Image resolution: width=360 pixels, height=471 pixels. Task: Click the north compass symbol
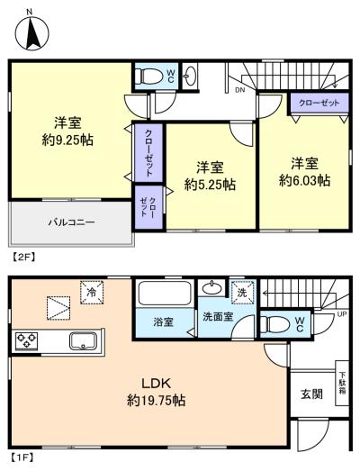pyautogui.click(x=31, y=32)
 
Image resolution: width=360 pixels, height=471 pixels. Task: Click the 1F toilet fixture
pyautogui.click(x=274, y=324)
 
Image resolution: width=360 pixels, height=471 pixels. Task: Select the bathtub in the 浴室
pyautogui.click(x=165, y=294)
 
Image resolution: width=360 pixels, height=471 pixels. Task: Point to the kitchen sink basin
pyautogui.click(x=83, y=341)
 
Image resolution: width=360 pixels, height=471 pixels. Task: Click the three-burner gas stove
pyautogui.click(x=26, y=340)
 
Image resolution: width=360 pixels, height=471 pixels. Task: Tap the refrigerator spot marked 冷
pyautogui.click(x=92, y=292)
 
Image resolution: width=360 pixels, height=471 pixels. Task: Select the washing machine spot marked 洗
pyautogui.click(x=242, y=293)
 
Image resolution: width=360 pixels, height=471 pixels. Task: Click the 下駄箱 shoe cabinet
pyautogui.click(x=342, y=383)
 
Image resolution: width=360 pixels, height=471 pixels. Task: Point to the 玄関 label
pyautogui.click(x=312, y=394)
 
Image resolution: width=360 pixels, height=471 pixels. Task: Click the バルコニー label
pyautogui.click(x=71, y=222)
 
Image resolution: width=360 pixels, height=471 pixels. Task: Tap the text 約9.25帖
pyautogui.click(x=67, y=140)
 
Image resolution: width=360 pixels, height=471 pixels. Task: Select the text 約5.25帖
pyautogui.click(x=210, y=185)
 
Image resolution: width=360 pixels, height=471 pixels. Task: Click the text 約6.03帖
pyautogui.click(x=305, y=180)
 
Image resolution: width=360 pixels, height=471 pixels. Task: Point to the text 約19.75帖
pyautogui.click(x=156, y=401)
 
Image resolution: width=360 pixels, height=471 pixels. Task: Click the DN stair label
pyautogui.click(x=240, y=90)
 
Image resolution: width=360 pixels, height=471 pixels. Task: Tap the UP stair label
pyautogui.click(x=342, y=314)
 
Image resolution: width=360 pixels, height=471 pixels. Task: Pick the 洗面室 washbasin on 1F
pyautogui.click(x=212, y=288)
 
